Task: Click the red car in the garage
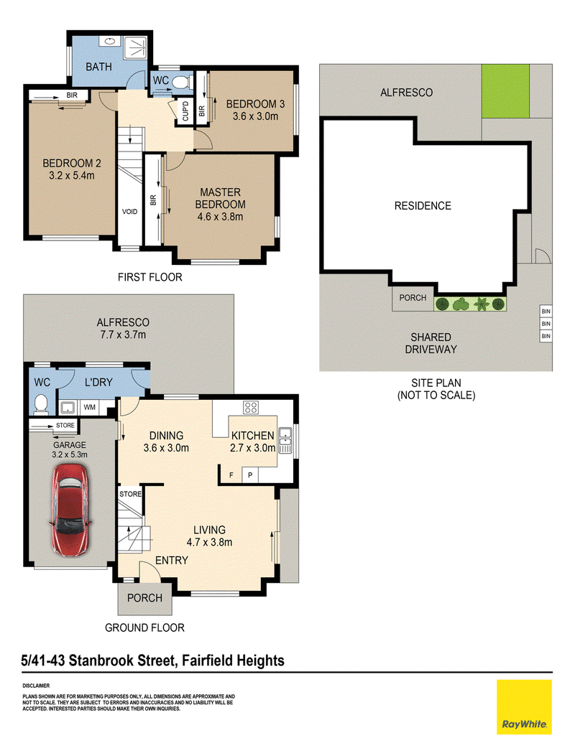70,510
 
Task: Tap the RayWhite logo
524,707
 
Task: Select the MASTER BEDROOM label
220,198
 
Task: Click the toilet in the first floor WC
180,83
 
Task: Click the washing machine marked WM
89,407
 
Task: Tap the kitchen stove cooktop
251,407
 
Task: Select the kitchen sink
285,440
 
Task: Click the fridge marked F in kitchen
231,475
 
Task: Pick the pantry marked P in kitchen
250,475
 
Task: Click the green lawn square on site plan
505,91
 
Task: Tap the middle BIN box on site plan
546,324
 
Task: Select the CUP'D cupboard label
185,111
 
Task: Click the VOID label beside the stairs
129,212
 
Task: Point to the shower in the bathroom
136,47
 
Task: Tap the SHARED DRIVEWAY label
431,343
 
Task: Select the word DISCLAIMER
36,686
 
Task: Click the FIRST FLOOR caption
150,277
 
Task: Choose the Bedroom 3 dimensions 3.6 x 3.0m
255,116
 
